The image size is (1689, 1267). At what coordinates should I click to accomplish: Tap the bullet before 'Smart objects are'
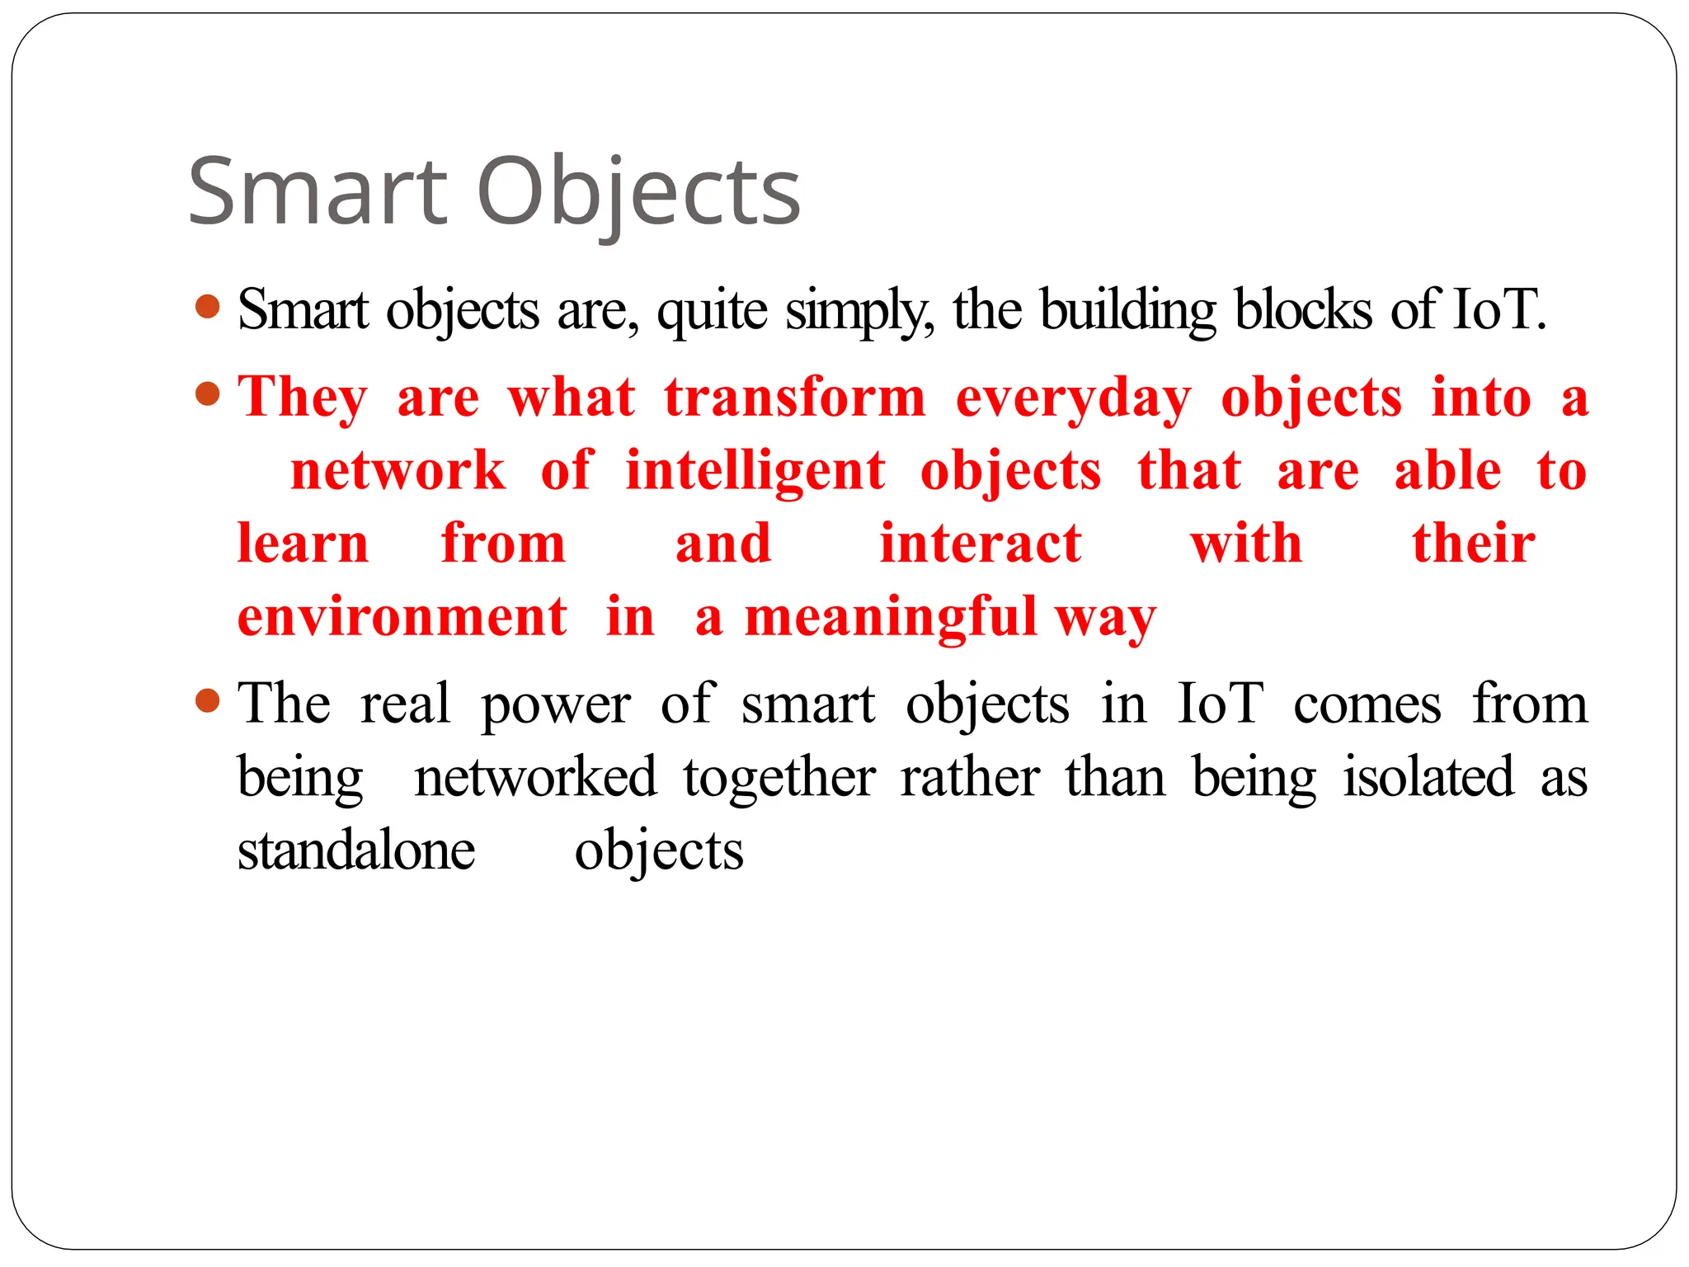point(208,307)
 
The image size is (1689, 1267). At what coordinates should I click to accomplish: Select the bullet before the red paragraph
point(208,394)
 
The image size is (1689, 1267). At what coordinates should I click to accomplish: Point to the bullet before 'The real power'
point(208,701)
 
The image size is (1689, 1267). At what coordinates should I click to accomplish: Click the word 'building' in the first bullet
point(1127,310)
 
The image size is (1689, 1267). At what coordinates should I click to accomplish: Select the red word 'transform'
point(795,398)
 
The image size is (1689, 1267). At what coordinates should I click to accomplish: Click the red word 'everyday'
point(1074,398)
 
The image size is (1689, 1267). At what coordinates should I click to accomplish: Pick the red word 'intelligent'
point(755,471)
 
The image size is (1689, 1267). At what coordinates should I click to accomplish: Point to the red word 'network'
point(398,471)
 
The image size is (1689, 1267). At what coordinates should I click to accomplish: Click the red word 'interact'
point(981,544)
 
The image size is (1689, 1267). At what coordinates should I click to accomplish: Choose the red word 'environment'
point(402,617)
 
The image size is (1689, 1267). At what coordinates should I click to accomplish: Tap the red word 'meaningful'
point(891,617)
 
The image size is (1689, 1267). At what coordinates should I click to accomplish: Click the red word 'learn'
point(303,544)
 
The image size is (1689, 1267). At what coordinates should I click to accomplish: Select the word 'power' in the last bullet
point(556,705)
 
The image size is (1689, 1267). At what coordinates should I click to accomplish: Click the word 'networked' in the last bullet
point(535,777)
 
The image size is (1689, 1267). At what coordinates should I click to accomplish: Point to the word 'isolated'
point(1428,777)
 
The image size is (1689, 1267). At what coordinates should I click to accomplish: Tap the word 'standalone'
point(356,850)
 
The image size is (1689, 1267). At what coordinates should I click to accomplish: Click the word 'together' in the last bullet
point(779,777)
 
